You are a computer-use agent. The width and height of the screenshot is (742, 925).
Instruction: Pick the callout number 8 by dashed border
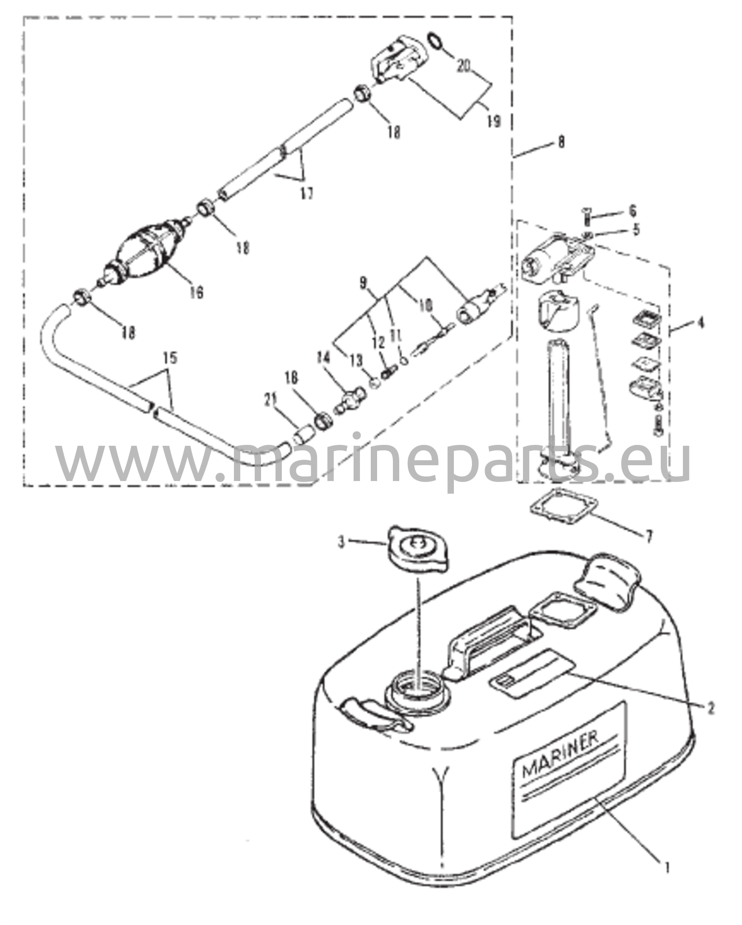(561, 142)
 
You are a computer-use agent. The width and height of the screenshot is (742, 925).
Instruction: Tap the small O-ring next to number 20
(434, 42)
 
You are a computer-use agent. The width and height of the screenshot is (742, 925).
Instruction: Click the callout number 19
(495, 121)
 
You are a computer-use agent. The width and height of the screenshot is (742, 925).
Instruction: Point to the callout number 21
(271, 400)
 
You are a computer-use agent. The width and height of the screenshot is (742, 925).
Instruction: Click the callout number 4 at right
(700, 323)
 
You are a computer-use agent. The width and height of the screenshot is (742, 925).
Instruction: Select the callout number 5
(636, 230)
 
